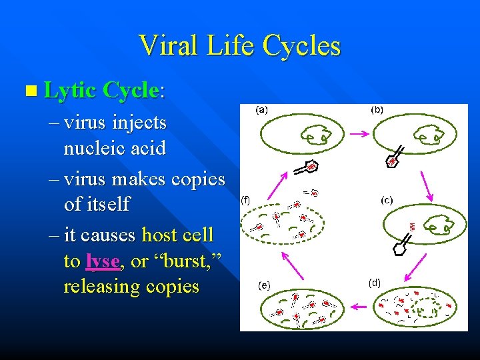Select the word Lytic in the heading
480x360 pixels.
(x=70, y=89)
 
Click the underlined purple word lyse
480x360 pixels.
(x=103, y=261)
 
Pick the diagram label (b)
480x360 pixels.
(x=377, y=109)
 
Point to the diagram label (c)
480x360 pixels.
(x=387, y=200)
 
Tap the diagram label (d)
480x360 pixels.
(x=375, y=283)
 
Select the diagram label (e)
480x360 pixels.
(x=264, y=285)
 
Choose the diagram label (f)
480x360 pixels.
(x=245, y=199)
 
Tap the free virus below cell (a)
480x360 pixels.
(x=307, y=166)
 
